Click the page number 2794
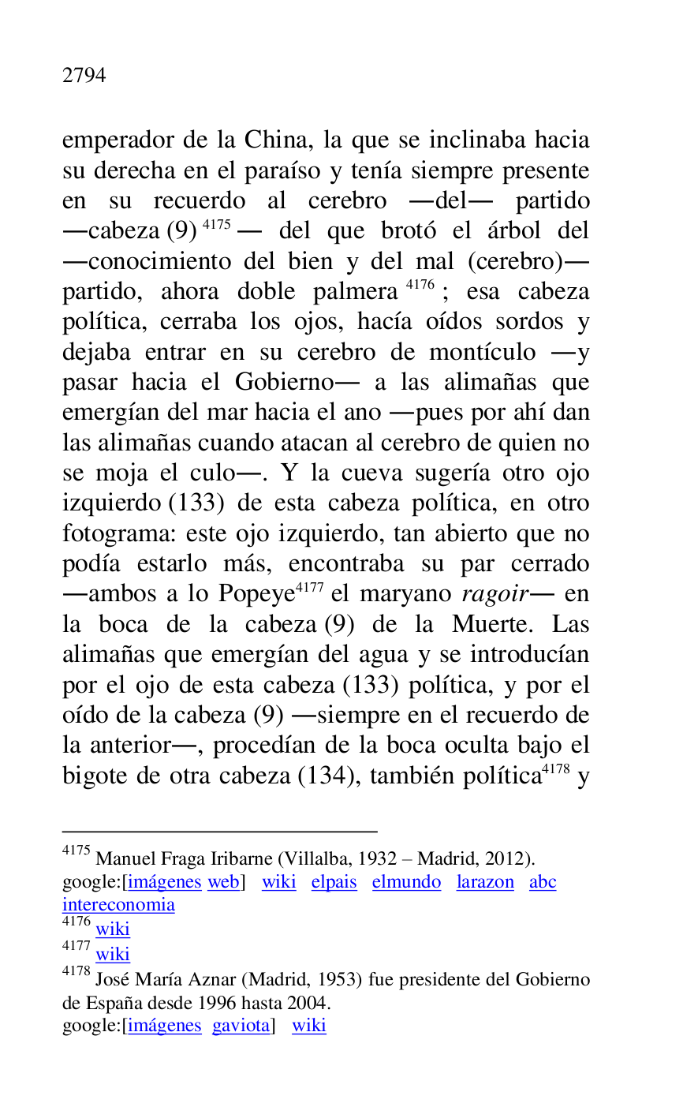click(84, 76)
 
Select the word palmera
click(355, 291)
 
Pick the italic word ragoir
click(494, 594)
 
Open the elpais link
click(334, 882)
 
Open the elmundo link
click(406, 882)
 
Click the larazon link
click(484, 882)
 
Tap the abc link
click(543, 882)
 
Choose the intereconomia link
click(118, 904)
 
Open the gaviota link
click(241, 1026)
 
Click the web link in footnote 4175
click(223, 882)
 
